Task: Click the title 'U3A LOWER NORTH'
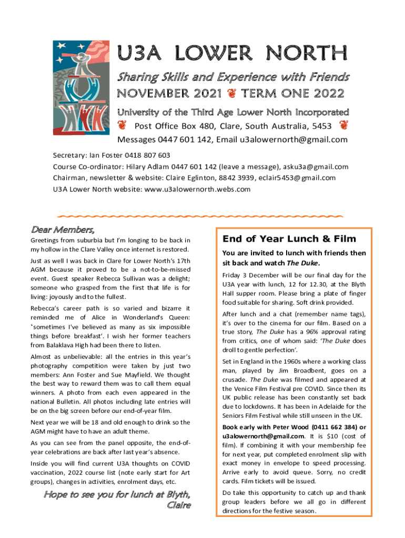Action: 232,54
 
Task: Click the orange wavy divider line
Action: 200,216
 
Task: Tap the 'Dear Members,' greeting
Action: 63,230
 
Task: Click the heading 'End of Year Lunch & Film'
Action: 289,239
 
